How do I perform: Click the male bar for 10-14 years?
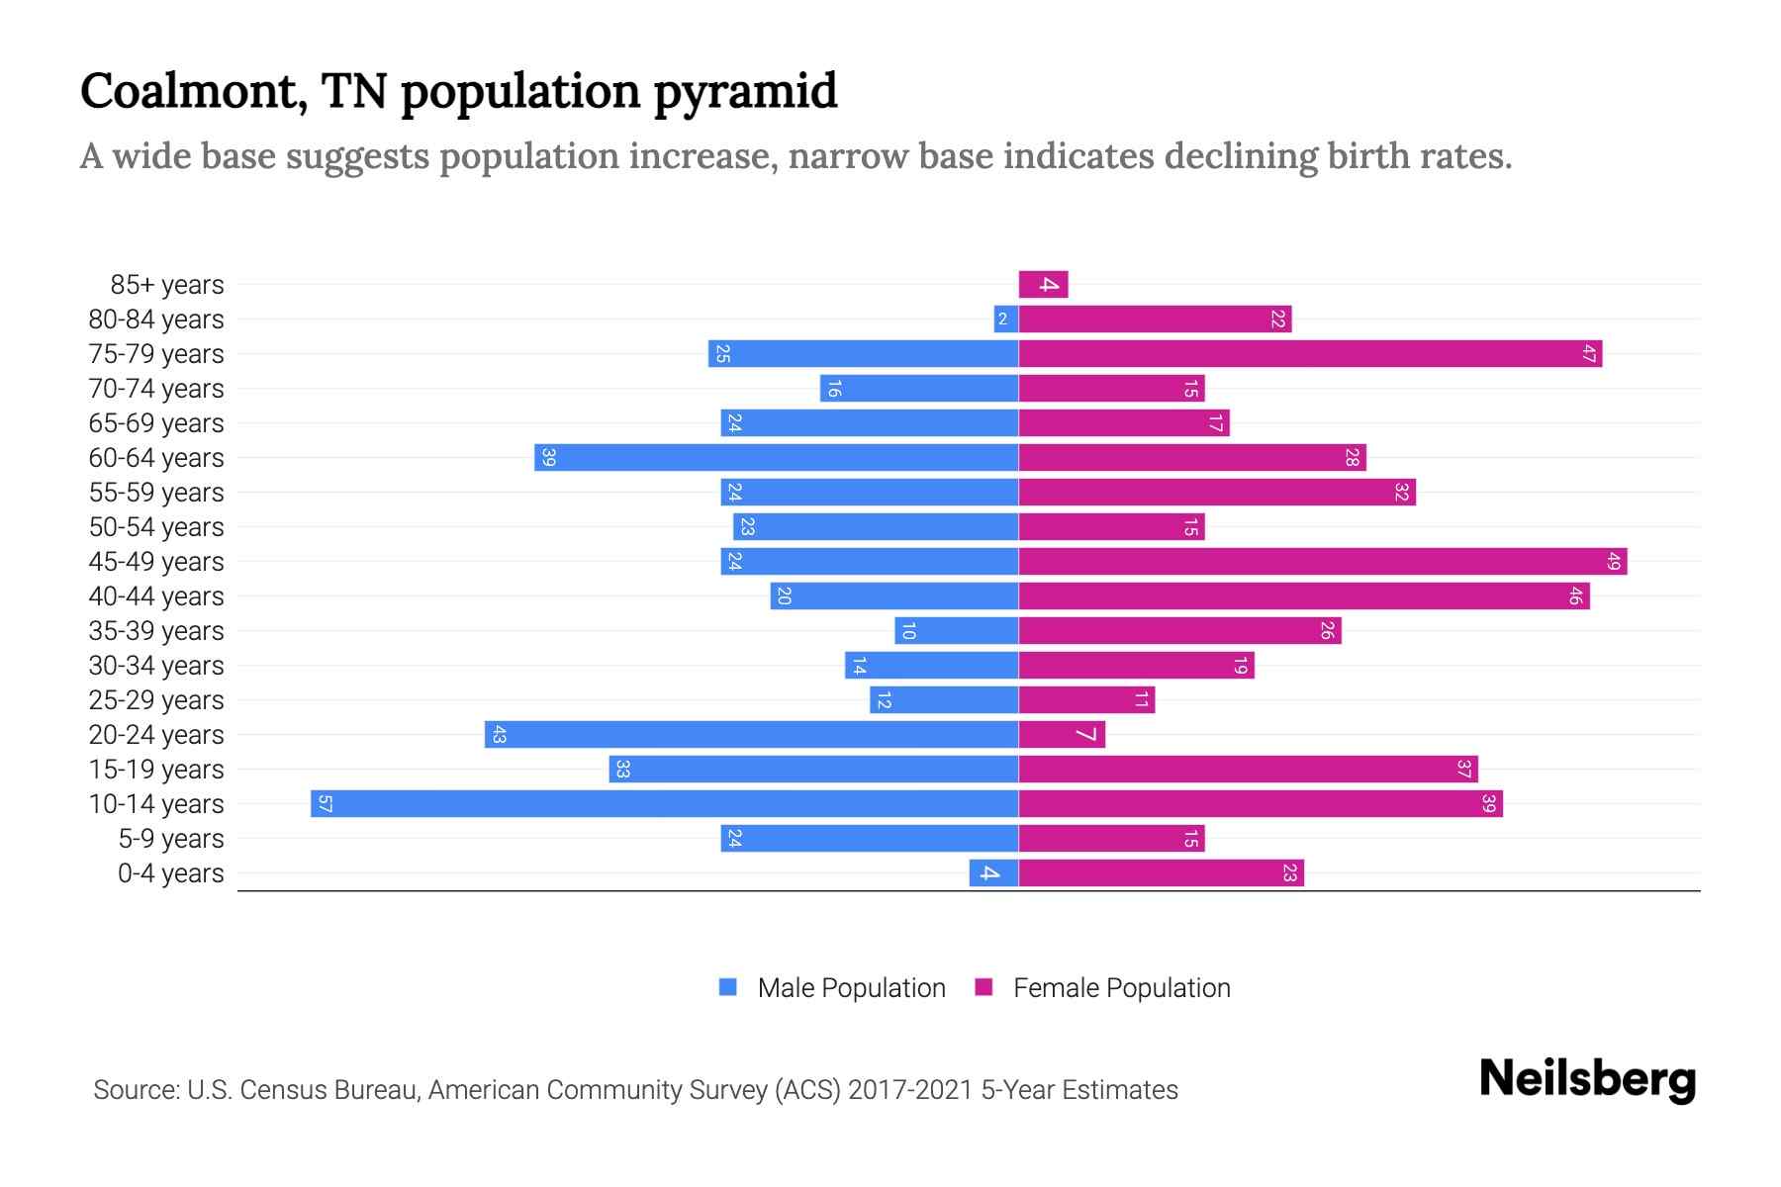click(664, 803)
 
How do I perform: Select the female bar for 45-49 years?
click(1322, 562)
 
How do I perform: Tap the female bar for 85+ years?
click(1043, 285)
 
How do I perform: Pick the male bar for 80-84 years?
click(1006, 320)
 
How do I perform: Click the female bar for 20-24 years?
click(1062, 735)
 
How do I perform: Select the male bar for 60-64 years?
click(777, 458)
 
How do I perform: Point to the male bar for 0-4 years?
click(993, 873)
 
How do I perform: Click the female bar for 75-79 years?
click(1310, 354)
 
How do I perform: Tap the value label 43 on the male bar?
click(499, 735)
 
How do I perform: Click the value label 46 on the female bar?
click(1575, 596)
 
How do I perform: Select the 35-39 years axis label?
click(156, 631)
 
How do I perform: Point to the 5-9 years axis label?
click(170, 839)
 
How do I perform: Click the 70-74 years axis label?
click(156, 389)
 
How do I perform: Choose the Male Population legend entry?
click(851, 988)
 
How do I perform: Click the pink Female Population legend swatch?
click(984, 987)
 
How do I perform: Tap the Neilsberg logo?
click(1587, 1079)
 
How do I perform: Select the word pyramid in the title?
click(745, 91)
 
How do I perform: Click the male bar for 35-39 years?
click(957, 631)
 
